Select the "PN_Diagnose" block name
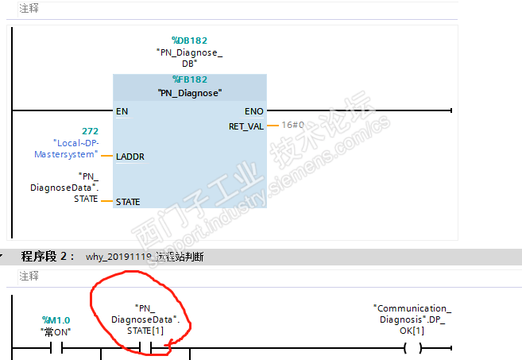pyautogui.click(x=189, y=92)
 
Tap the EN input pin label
pyautogui.click(x=122, y=111)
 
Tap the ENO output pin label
pyautogui.click(x=253, y=111)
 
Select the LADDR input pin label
pyautogui.click(x=129, y=157)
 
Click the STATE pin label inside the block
pyautogui.click(x=128, y=202)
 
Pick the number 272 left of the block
pyautogui.click(x=91, y=131)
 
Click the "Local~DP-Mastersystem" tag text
pyautogui.click(x=67, y=148)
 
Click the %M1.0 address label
pyautogui.click(x=56, y=320)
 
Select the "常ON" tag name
pyautogui.click(x=56, y=331)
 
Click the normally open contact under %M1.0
pyautogui.click(x=56, y=348)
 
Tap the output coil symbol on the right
pyautogui.click(x=411, y=348)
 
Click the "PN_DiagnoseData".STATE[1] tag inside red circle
pyautogui.click(x=161, y=319)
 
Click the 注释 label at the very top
pyautogui.click(x=28, y=8)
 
